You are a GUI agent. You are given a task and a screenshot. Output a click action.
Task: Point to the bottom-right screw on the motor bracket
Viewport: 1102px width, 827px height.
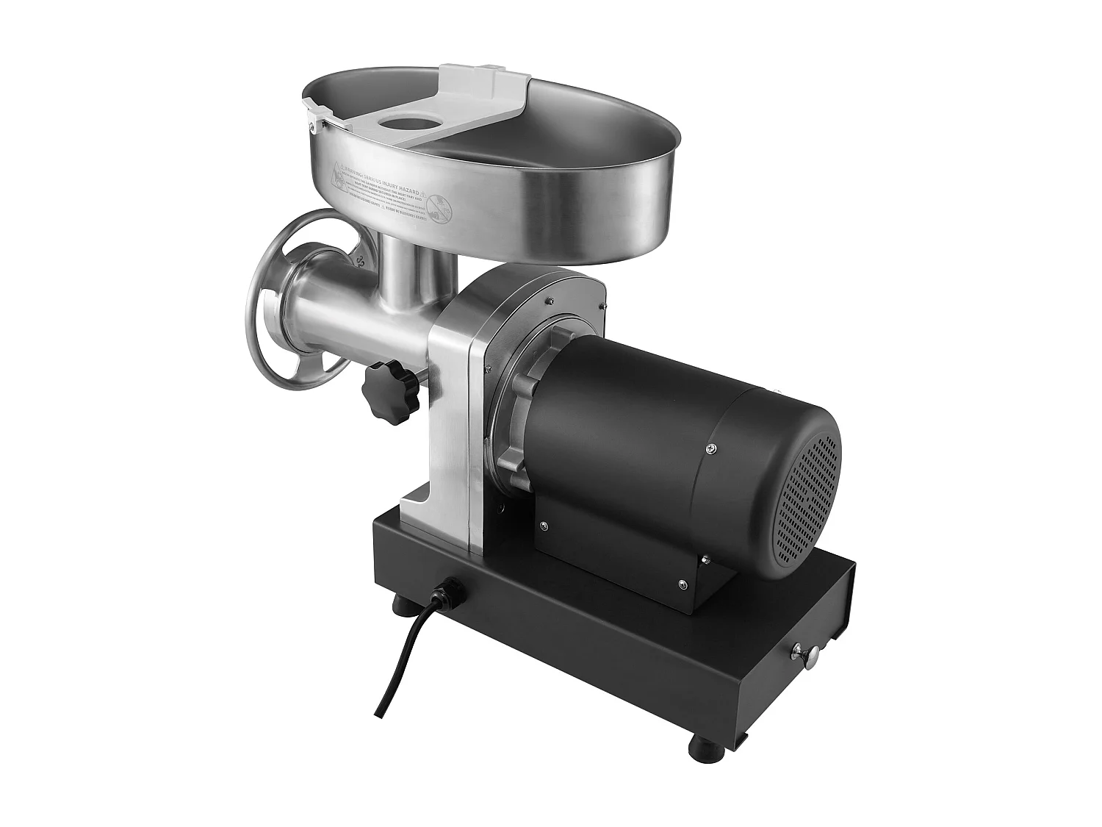683,584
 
